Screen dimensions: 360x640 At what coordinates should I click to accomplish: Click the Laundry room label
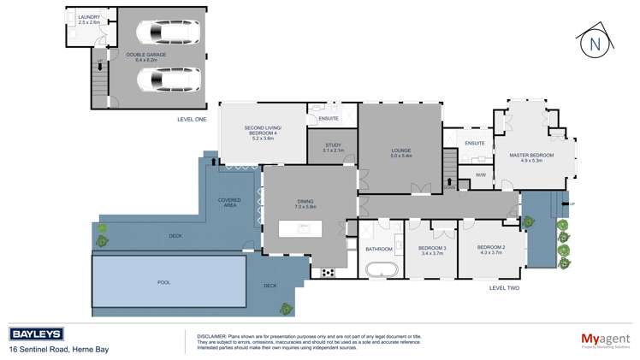pyautogui.click(x=88, y=20)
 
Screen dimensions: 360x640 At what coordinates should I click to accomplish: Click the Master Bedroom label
pyautogui.click(x=531, y=157)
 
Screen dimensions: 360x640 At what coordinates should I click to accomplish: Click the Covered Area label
pyautogui.click(x=228, y=202)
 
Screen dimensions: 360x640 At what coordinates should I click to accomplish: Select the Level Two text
pyautogui.click(x=504, y=288)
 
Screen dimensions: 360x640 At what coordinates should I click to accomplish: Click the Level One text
pyautogui.click(x=191, y=119)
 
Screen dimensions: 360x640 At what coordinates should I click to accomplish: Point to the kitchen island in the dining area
pyautogui.click(x=304, y=228)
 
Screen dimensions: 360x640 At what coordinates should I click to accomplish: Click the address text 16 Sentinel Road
pyautogui.click(x=58, y=349)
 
